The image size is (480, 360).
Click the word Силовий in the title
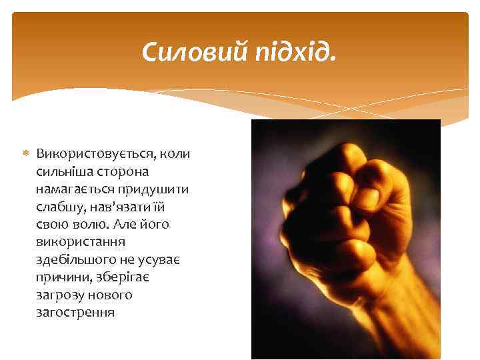(x=193, y=51)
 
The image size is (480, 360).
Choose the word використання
(x=77, y=241)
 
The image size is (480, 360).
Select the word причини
(x=61, y=277)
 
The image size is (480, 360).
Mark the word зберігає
(x=121, y=277)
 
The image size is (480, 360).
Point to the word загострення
(x=76, y=311)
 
